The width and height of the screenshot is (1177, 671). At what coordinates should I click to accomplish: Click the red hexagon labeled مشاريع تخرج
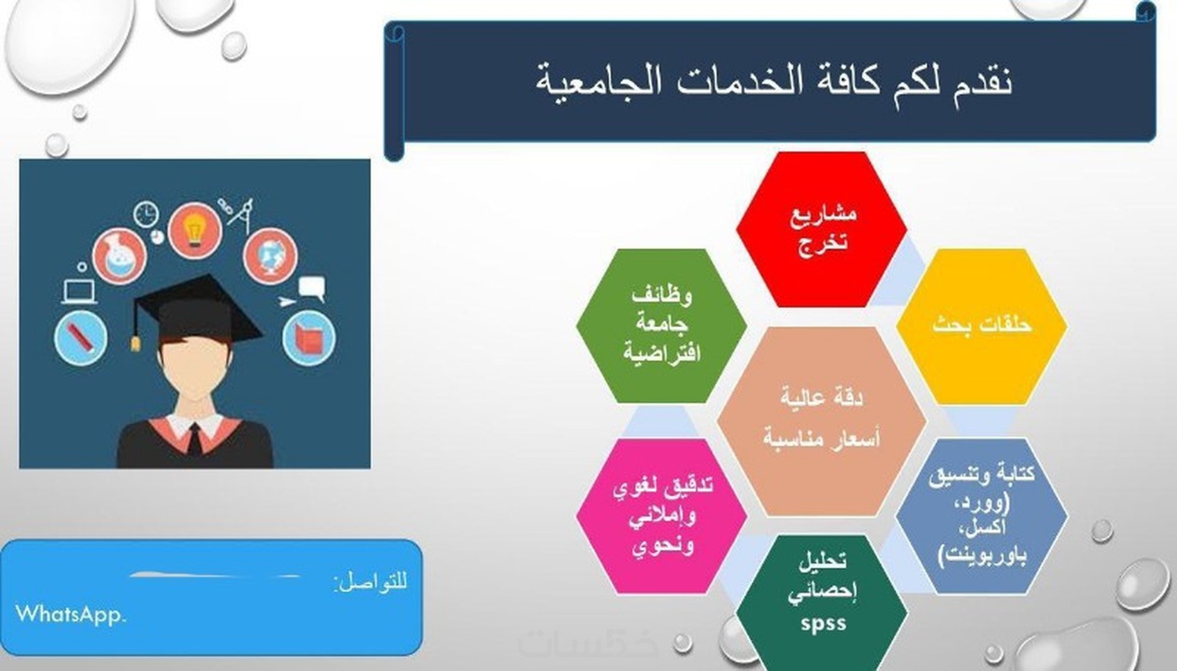click(x=821, y=230)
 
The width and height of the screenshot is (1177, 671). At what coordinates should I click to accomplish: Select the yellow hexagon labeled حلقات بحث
click(x=982, y=326)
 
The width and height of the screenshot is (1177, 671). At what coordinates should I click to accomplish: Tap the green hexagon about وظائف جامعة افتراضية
click(x=661, y=326)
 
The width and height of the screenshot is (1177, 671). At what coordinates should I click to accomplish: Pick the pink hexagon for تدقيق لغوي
click(x=661, y=516)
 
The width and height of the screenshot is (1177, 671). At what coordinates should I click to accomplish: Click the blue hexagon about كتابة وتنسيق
click(x=982, y=516)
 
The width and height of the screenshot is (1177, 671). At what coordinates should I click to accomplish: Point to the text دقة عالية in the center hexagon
click(x=822, y=398)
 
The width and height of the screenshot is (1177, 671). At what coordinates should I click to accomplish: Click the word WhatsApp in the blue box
click(x=71, y=614)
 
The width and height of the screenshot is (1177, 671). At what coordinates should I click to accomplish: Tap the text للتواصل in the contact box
click(x=370, y=582)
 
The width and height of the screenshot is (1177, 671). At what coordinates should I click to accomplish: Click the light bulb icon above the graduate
click(x=195, y=230)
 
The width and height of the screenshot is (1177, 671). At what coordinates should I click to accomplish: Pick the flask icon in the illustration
click(x=119, y=256)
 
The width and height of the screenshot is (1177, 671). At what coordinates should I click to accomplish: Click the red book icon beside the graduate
click(x=309, y=338)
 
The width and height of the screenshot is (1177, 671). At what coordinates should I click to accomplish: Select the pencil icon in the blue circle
click(x=81, y=338)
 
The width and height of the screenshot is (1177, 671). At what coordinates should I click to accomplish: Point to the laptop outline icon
click(x=80, y=293)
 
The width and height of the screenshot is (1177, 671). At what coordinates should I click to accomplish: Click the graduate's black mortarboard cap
click(x=197, y=310)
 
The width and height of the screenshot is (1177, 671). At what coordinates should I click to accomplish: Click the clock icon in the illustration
click(x=146, y=214)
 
